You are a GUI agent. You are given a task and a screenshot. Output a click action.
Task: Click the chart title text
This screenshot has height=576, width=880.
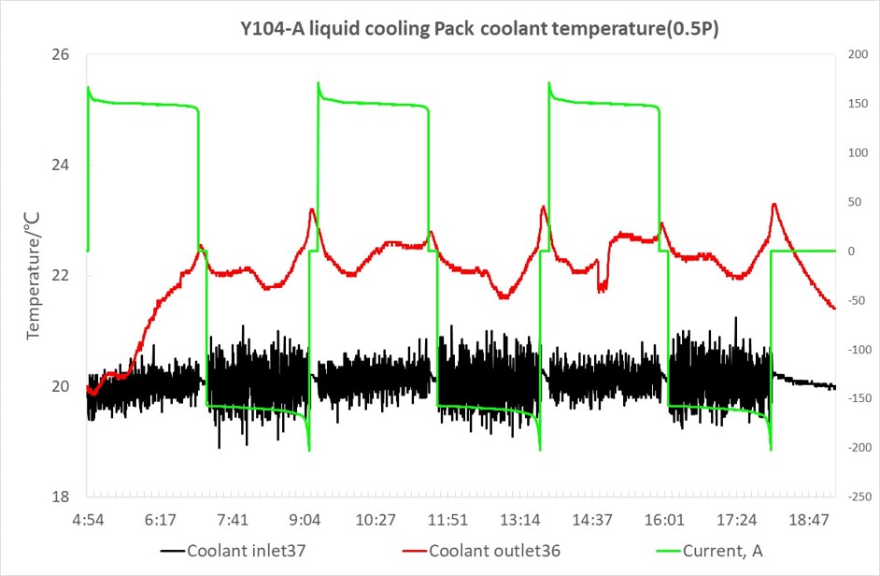[479, 28]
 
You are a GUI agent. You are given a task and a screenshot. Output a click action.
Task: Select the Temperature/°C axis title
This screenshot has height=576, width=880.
[33, 275]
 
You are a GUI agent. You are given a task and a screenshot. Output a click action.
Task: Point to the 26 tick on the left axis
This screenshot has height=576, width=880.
[61, 54]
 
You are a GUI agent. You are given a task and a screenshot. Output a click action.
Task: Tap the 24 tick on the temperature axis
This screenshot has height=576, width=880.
[61, 166]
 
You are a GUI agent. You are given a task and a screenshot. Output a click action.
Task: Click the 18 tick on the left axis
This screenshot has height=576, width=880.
[61, 497]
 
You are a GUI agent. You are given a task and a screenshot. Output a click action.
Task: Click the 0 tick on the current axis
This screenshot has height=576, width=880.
[851, 252]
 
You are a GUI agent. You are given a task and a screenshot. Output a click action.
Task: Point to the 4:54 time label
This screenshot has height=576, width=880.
[88, 520]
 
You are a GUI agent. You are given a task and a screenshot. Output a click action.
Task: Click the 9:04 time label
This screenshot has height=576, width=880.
[305, 520]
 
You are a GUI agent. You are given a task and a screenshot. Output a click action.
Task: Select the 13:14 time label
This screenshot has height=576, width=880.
[520, 520]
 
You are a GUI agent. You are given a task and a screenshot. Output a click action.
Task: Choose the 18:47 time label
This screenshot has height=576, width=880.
[809, 520]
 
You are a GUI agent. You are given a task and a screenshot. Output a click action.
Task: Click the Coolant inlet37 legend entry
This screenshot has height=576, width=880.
[234, 551]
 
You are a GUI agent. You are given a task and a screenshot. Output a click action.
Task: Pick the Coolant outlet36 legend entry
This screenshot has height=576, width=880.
[481, 551]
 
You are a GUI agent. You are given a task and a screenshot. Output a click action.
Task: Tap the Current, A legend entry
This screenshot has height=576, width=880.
[709, 551]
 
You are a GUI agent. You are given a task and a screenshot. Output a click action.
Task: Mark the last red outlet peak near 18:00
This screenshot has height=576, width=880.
[774, 205]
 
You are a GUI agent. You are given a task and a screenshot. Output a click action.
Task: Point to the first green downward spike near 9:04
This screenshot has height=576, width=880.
[309, 450]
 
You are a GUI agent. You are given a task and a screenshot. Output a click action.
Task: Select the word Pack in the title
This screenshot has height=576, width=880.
[455, 28]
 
